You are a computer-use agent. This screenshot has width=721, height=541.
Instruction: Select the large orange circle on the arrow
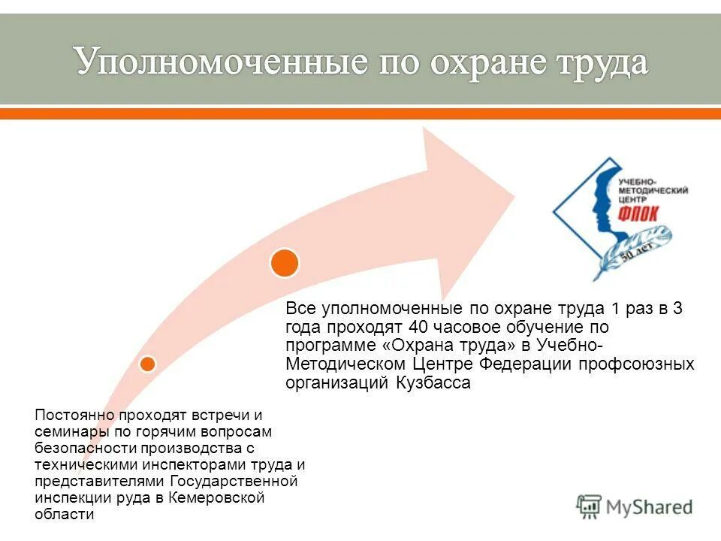pos(285,262)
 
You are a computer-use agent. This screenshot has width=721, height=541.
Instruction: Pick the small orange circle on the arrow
pos(148,364)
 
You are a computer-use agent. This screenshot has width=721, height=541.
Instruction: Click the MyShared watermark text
pos(649,507)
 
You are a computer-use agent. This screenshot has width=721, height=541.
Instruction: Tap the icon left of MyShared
pos(590,506)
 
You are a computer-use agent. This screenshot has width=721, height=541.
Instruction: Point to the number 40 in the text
pos(419,327)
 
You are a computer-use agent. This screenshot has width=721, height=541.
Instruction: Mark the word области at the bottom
pos(65,515)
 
